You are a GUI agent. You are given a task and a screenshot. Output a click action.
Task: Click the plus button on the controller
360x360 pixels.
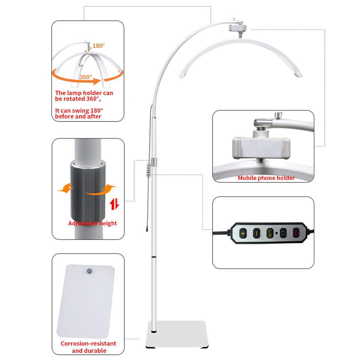point(243,233)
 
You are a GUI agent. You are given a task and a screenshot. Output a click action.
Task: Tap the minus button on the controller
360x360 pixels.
point(256,233)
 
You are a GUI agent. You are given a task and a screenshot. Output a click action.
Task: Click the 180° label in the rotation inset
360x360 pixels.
point(99,46)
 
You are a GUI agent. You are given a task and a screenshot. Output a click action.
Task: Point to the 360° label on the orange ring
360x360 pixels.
point(86,77)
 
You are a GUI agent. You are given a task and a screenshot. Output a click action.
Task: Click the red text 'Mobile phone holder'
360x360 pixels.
point(266,178)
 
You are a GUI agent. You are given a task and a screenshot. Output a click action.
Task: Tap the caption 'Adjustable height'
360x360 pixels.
point(93,223)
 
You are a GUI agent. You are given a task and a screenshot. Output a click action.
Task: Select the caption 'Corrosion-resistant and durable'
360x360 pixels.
point(88,347)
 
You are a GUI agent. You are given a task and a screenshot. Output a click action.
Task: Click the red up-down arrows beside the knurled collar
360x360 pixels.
point(115,204)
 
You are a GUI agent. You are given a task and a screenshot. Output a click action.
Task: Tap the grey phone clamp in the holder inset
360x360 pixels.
point(261,148)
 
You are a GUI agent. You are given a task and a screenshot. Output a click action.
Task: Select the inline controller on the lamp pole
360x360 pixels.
point(149,169)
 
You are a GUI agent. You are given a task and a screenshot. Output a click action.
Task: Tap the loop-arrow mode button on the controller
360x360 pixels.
point(283,233)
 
